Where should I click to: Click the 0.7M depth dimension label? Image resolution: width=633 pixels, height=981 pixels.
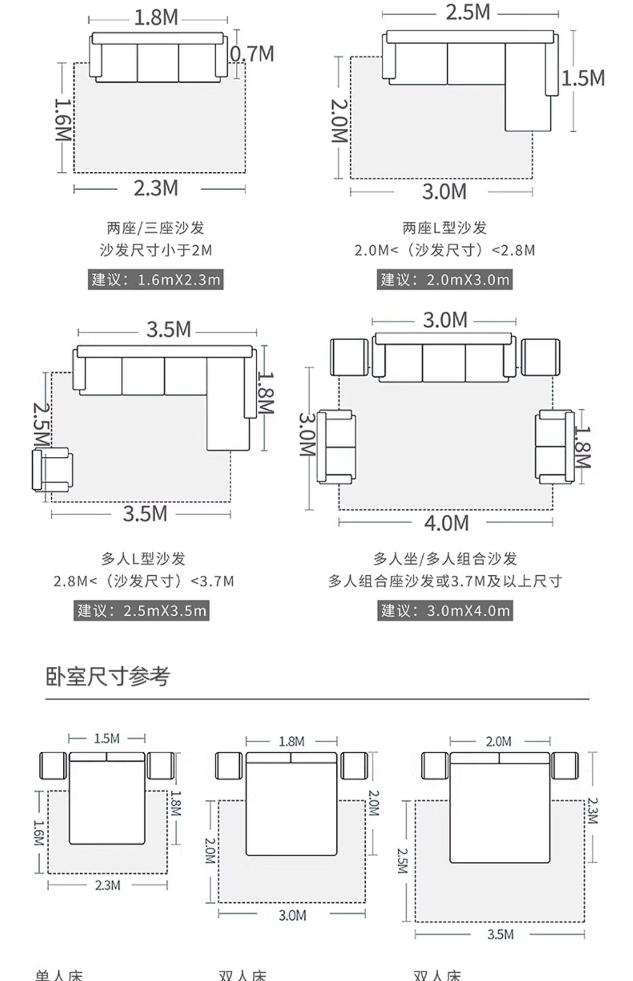[x=252, y=54]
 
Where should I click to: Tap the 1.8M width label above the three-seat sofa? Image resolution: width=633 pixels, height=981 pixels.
[x=156, y=18]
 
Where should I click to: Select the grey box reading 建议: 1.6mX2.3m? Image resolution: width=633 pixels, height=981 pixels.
[x=156, y=279]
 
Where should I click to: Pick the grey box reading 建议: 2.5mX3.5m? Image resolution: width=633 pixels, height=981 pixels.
[x=141, y=611]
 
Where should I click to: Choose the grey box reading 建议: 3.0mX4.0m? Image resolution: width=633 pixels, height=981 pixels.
[x=445, y=611]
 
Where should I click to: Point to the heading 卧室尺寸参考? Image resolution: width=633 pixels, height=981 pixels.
[x=108, y=676]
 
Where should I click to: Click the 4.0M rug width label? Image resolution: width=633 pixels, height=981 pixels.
[x=446, y=523]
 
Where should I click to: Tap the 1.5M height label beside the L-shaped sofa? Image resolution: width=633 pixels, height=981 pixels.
[x=583, y=78]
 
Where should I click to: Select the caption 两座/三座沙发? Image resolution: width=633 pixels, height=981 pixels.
[x=155, y=228]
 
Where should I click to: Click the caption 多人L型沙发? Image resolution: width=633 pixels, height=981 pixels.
[x=143, y=558]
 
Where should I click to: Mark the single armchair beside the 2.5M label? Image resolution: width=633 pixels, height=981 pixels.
[x=53, y=470]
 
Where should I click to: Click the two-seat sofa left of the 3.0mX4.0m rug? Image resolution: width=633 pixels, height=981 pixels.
[x=336, y=447]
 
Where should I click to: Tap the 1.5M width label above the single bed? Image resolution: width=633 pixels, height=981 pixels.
[x=107, y=739]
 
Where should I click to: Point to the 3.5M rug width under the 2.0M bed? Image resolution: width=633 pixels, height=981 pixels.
[x=500, y=935]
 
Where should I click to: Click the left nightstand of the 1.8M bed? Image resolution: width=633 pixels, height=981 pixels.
[x=229, y=765]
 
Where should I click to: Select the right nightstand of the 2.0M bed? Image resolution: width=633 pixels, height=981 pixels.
[x=565, y=765]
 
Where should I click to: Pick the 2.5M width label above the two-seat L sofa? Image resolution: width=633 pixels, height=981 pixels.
[x=468, y=13]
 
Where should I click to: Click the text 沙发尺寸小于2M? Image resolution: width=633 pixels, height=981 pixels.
[x=155, y=250]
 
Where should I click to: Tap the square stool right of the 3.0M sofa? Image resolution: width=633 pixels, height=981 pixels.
[x=540, y=357]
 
